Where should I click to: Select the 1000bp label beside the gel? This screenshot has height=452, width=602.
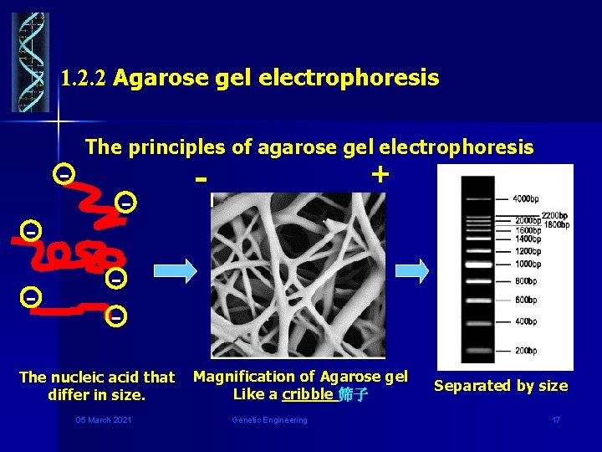(x=528, y=264)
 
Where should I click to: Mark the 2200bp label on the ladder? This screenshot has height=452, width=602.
(x=554, y=215)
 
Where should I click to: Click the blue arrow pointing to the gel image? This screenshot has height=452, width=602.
(x=411, y=270)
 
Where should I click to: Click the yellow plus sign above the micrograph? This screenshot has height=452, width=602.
(x=380, y=174)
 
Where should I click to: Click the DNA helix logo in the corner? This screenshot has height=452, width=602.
(x=30, y=62)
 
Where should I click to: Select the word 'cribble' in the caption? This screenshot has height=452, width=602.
(x=307, y=394)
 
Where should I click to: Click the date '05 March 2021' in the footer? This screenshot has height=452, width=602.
(x=102, y=419)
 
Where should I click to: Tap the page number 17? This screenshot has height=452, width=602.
(x=555, y=419)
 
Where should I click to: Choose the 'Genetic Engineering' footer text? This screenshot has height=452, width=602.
(x=269, y=419)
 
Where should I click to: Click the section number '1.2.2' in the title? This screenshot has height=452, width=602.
(x=84, y=80)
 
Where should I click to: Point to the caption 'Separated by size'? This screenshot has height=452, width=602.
(x=500, y=386)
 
